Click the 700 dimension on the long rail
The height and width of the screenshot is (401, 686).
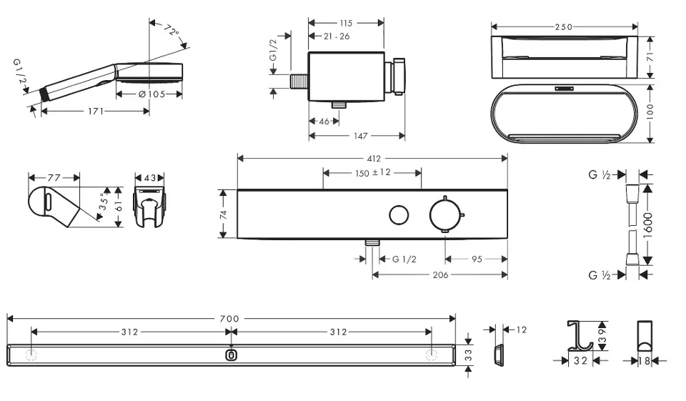pyautogui.click(x=231, y=317)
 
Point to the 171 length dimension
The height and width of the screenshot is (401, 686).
pyautogui.click(x=95, y=111)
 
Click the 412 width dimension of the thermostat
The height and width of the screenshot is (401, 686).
pyautogui.click(x=372, y=158)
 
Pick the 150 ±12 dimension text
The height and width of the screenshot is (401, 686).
pyautogui.click(x=372, y=172)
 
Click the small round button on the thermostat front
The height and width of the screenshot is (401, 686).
pyautogui.click(x=398, y=214)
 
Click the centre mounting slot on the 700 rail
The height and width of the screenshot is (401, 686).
pyautogui.click(x=230, y=355)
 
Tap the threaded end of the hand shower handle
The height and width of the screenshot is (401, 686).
pyautogui.click(x=46, y=92)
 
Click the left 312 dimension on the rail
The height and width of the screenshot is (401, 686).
pyautogui.click(x=129, y=332)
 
